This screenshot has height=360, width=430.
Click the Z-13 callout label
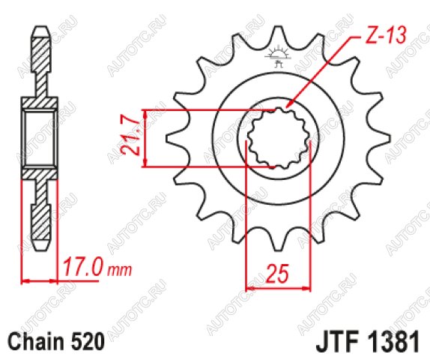pyautogui.click(x=386, y=36)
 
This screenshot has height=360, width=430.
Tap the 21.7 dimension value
pyautogui.click(x=130, y=138)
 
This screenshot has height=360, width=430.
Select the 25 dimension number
pyautogui.click(x=278, y=274)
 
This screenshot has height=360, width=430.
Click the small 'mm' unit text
pyautogui.click(x=120, y=271)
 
